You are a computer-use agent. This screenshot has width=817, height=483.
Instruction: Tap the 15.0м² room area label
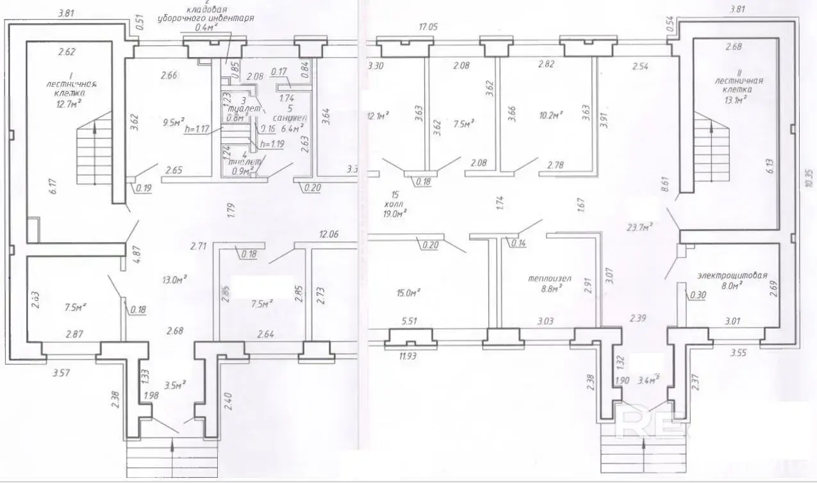[408, 293]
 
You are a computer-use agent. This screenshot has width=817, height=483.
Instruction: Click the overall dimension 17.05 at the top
[427, 27]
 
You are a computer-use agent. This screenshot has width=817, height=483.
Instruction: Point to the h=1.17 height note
[197, 128]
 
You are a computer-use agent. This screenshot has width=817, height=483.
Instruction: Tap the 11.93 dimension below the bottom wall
[405, 356]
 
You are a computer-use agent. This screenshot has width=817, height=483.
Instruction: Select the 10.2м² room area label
[549, 116]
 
